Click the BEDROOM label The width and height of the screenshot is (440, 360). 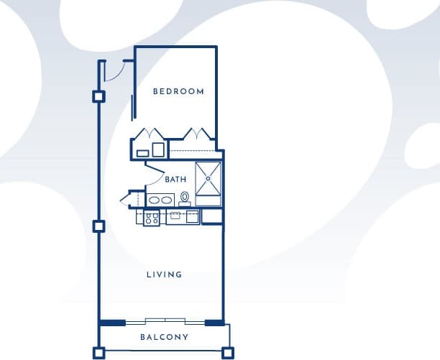[179, 92]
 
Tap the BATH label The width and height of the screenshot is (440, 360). [176, 179]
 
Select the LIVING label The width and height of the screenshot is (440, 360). [164, 274]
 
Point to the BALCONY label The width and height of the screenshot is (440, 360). [164, 337]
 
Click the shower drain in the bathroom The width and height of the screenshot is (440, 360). [209, 177]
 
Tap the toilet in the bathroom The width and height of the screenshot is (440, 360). [185, 197]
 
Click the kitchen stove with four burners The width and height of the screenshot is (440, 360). [152, 217]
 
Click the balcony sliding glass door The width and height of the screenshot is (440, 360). [164, 321]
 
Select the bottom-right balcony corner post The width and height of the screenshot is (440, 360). [227, 353]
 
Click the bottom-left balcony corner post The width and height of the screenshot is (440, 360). [99, 353]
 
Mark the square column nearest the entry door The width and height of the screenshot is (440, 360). [99, 96]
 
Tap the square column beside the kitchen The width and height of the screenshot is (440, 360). [99, 226]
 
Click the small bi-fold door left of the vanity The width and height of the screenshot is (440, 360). [134, 198]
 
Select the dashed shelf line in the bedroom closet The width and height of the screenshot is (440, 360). [193, 150]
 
